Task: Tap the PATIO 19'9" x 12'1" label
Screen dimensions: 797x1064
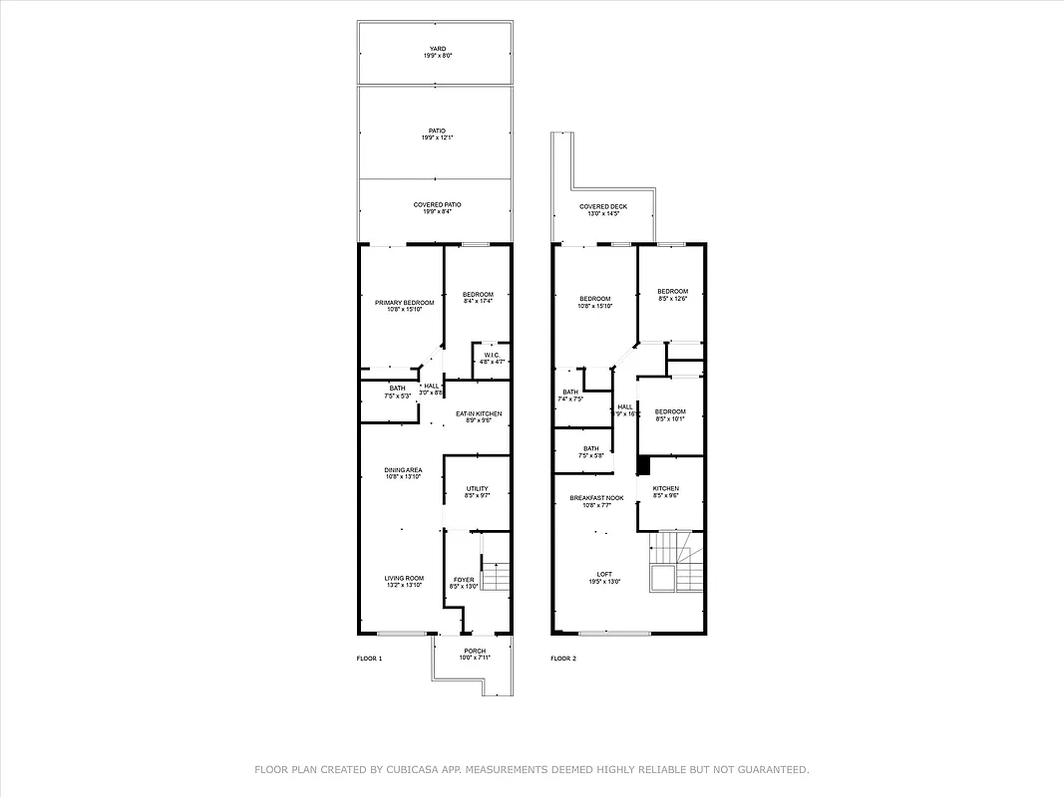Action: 437,133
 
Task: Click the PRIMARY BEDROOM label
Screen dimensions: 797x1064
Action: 404,305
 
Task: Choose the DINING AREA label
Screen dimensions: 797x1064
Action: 403,473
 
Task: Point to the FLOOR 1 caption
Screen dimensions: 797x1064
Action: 369,659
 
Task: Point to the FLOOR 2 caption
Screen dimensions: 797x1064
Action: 563,659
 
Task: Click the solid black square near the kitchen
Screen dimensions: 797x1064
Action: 643,465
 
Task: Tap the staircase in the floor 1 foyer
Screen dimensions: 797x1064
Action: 496,576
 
